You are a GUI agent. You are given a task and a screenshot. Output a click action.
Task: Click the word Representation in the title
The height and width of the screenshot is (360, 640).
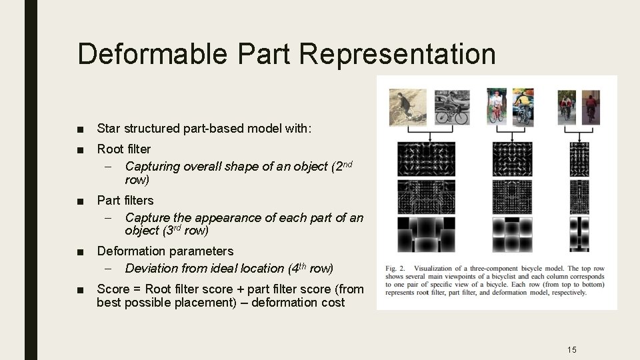397,54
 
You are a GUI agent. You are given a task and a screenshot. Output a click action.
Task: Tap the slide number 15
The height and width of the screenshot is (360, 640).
571,349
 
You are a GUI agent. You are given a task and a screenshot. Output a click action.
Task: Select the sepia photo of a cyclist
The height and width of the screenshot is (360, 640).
409,107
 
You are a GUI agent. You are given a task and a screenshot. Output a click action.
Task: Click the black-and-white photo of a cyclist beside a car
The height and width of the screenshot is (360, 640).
453,107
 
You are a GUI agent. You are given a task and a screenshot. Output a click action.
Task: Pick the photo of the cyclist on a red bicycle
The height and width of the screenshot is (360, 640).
497,107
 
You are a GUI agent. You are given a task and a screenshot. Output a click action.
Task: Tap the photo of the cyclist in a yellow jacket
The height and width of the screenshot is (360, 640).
523,107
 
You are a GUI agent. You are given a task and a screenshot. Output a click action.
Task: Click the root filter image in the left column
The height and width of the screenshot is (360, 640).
426,159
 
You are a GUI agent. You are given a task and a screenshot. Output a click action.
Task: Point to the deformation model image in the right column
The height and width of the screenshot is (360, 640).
579,233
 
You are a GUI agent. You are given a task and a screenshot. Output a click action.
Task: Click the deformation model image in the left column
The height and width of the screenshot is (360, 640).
426,233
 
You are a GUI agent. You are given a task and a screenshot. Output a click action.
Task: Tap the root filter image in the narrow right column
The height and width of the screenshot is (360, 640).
579,159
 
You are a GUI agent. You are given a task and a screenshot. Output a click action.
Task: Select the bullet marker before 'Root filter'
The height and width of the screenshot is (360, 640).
81,149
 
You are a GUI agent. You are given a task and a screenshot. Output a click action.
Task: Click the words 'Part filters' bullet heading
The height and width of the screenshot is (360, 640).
125,200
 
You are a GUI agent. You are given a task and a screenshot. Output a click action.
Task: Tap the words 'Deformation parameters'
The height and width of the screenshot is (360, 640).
165,251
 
